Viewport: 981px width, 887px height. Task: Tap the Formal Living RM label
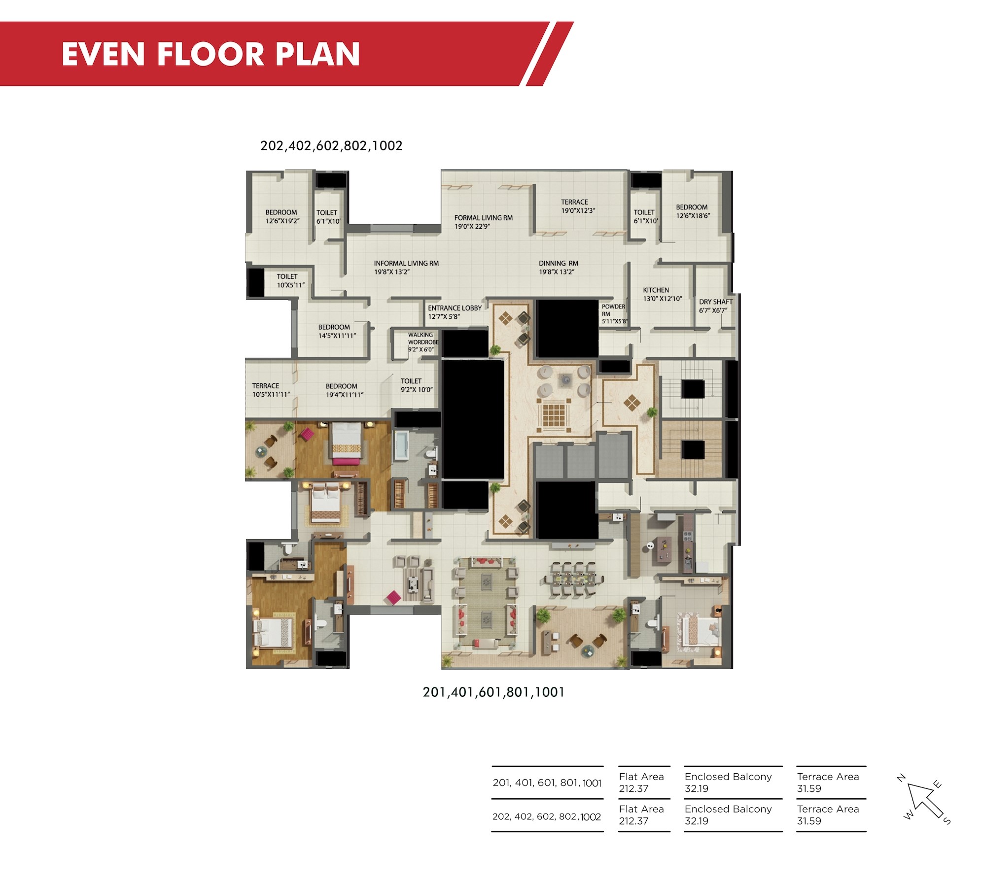[483, 222]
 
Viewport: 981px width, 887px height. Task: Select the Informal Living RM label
[406, 268]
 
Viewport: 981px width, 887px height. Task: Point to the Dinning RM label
[558, 268]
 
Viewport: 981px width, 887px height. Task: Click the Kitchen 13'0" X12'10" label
[662, 294]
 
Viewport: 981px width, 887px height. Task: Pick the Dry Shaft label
[716, 306]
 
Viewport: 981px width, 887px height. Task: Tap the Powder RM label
[614, 313]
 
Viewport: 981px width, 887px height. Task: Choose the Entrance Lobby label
[455, 312]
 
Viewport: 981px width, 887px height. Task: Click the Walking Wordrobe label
[423, 342]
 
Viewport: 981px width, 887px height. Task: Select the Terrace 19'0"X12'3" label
[578, 206]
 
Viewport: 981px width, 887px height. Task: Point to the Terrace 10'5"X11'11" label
[271, 390]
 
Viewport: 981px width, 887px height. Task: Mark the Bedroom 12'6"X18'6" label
[693, 211]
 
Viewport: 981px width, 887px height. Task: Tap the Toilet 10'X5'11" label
[290, 281]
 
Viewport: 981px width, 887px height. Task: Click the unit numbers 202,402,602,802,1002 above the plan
[331, 146]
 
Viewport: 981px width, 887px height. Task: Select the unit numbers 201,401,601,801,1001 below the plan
[493, 692]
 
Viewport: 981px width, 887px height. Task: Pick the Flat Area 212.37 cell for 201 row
[641, 783]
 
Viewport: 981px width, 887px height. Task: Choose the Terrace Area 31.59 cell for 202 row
[828, 815]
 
